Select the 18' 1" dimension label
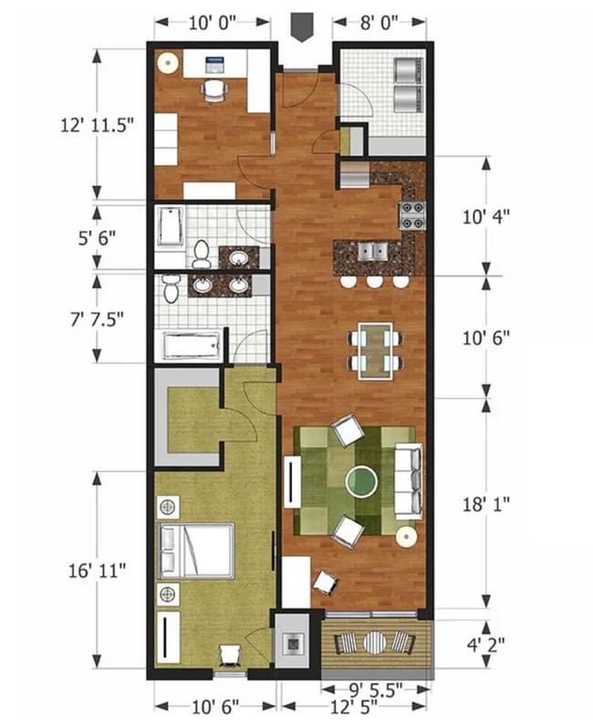pyautogui.click(x=486, y=501)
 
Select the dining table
pyautogui.click(x=374, y=349)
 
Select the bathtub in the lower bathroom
pyautogui.click(x=192, y=346)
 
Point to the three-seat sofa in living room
pyautogui.click(x=409, y=481)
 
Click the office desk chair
pyautogui.click(x=213, y=90)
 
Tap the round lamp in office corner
pyautogui.click(x=167, y=63)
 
